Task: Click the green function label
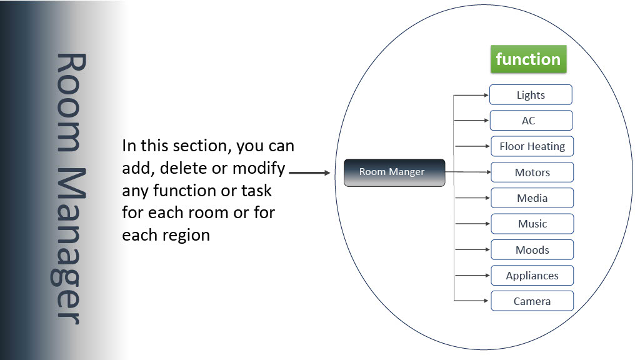pos(529,59)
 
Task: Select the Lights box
pos(531,95)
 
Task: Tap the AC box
pos(531,121)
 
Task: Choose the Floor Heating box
pos(532,146)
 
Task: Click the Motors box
pos(532,172)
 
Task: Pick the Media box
pos(532,198)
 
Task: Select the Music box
pos(532,224)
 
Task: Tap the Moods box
pos(532,249)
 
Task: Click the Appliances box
pos(532,276)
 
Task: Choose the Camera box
pos(532,301)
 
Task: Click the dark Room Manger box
pos(394,172)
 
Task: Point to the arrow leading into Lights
pos(471,95)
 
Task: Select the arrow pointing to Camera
pos(471,301)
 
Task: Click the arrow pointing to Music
pos(472,224)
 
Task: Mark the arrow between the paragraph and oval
pos(309,172)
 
